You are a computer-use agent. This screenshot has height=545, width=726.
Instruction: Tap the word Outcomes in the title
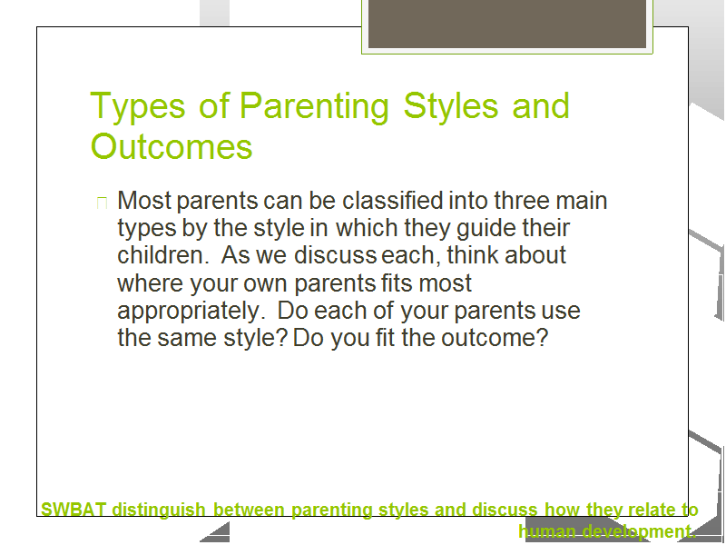172,146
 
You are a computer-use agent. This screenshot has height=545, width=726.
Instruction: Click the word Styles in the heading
450,105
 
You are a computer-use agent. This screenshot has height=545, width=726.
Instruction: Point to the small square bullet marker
102,203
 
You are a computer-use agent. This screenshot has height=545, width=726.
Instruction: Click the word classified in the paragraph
393,200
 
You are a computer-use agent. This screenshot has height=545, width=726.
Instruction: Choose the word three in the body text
522,201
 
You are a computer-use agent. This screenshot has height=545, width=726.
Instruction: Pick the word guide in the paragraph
486,229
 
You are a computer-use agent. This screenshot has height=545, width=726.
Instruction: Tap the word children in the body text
161,255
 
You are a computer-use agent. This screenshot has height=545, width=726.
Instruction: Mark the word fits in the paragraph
397,282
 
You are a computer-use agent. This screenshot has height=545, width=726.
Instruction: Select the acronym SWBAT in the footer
74,510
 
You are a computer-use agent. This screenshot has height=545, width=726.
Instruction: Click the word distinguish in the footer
159,510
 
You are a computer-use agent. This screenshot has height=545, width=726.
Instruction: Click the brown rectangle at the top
507,24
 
